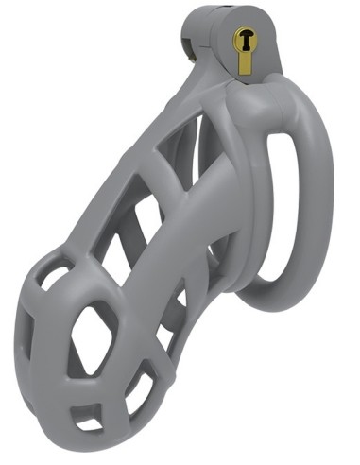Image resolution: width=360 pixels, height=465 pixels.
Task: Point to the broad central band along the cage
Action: click(x=180, y=246)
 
